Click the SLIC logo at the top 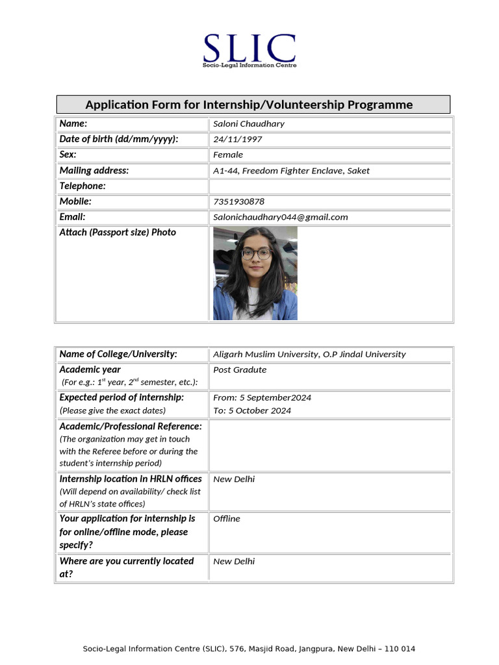pyautogui.click(x=249, y=50)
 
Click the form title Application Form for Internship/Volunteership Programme pyautogui.click(x=249, y=105)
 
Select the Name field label pyautogui.click(x=73, y=123)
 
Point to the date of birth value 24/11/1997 pyautogui.click(x=238, y=139)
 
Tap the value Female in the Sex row pyautogui.click(x=228, y=155)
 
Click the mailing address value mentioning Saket pyautogui.click(x=291, y=171)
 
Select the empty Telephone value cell pyautogui.click(x=330, y=186)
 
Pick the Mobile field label pyautogui.click(x=75, y=201)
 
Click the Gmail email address pyautogui.click(x=281, y=217)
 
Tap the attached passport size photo pyautogui.click(x=255, y=273)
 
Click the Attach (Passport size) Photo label pyautogui.click(x=118, y=232)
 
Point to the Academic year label pyautogui.click(x=90, y=370)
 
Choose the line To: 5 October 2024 pyautogui.click(x=252, y=410)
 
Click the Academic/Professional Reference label pyautogui.click(x=131, y=426)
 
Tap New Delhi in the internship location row pyautogui.click(x=234, y=479)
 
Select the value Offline pyautogui.click(x=227, y=519)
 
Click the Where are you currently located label pyautogui.click(x=126, y=561)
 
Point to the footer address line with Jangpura pyautogui.click(x=249, y=649)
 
